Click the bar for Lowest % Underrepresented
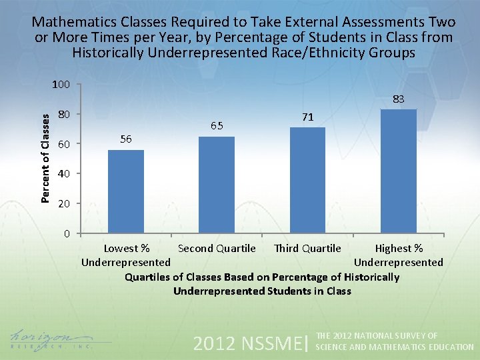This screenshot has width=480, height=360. [x=126, y=191]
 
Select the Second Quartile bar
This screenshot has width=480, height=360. [x=217, y=185]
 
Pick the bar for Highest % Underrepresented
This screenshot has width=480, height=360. [x=398, y=171]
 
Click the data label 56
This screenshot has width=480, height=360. [x=126, y=139]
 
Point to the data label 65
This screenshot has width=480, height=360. [x=217, y=125]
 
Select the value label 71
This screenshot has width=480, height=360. [x=307, y=117]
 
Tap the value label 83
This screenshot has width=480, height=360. [x=398, y=99]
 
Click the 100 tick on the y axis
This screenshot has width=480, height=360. [x=61, y=85]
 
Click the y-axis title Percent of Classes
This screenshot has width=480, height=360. [x=45, y=157]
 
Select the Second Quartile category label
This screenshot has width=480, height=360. [x=217, y=249]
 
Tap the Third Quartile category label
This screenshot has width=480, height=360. [x=307, y=249]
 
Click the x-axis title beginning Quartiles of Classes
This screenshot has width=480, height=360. [x=262, y=283]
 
